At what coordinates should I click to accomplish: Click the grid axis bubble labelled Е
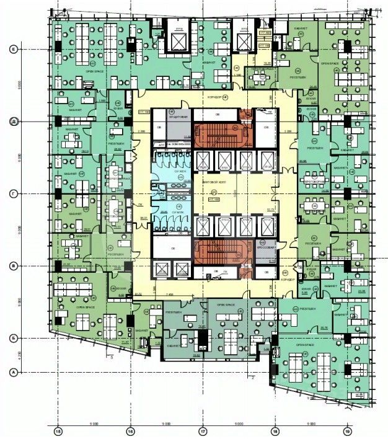[x=12, y=48]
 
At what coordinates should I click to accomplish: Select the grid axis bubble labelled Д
[x=12, y=122]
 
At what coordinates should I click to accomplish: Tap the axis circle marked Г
[x=12, y=194]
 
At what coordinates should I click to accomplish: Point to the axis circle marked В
[x=12, y=266]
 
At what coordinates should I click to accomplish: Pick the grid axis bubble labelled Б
[x=12, y=339]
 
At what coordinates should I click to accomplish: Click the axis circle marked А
[x=12, y=372]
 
